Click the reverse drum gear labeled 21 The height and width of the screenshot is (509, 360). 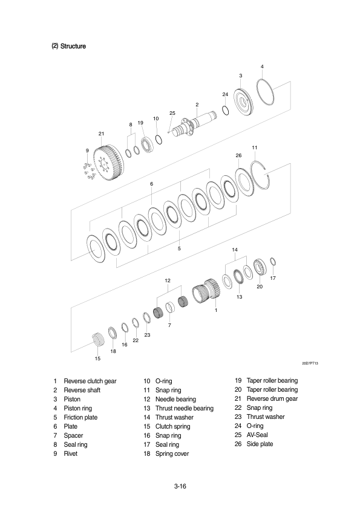pyautogui.click(x=108, y=162)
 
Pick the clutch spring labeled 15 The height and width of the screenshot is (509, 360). pyautogui.click(x=97, y=340)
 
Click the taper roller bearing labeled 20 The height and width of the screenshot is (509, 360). pyautogui.click(x=261, y=267)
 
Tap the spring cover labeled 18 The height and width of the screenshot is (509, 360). pyautogui.click(x=113, y=332)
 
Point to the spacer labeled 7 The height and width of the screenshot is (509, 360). pyautogui.click(x=169, y=308)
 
